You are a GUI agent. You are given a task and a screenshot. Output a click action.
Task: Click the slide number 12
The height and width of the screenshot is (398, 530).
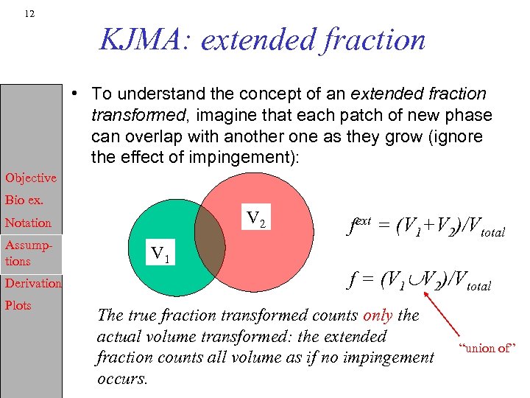click(29, 14)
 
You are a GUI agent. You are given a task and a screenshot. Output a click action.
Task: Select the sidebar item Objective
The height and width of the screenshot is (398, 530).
click(31, 178)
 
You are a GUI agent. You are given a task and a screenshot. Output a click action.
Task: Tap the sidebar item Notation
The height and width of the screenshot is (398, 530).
click(28, 223)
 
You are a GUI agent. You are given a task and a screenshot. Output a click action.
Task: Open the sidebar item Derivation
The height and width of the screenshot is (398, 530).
click(33, 283)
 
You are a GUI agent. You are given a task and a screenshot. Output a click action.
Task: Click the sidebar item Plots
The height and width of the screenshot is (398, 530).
click(18, 305)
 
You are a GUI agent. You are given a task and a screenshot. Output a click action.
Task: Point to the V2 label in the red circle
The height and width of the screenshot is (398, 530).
click(256, 218)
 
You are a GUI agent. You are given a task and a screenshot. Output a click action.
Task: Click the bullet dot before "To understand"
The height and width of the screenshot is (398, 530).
click(76, 94)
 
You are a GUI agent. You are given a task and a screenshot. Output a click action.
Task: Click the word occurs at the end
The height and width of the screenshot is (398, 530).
click(122, 380)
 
